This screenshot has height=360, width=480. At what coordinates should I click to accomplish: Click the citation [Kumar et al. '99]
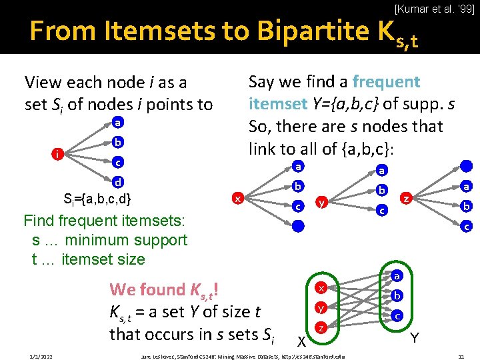click(x=435, y=9)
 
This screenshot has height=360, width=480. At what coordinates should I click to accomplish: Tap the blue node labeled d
click(x=117, y=181)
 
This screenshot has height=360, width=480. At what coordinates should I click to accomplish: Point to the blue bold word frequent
click(x=386, y=82)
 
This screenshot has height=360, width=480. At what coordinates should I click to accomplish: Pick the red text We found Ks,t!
click(x=165, y=289)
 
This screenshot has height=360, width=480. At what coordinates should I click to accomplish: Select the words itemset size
click(x=103, y=259)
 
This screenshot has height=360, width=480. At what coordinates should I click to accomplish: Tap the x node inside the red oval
click(x=321, y=288)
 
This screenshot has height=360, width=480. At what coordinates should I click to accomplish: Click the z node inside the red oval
click(x=321, y=327)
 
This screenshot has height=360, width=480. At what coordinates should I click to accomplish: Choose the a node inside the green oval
click(x=397, y=275)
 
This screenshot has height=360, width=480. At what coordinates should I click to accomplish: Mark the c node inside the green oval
click(x=397, y=315)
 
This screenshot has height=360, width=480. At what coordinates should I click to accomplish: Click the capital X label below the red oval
click(x=301, y=341)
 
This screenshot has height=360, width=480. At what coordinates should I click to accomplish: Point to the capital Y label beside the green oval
click(x=415, y=338)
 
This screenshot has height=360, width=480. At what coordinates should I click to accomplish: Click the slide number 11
click(x=461, y=357)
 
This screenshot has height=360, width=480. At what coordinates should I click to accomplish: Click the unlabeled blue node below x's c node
click(x=299, y=226)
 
